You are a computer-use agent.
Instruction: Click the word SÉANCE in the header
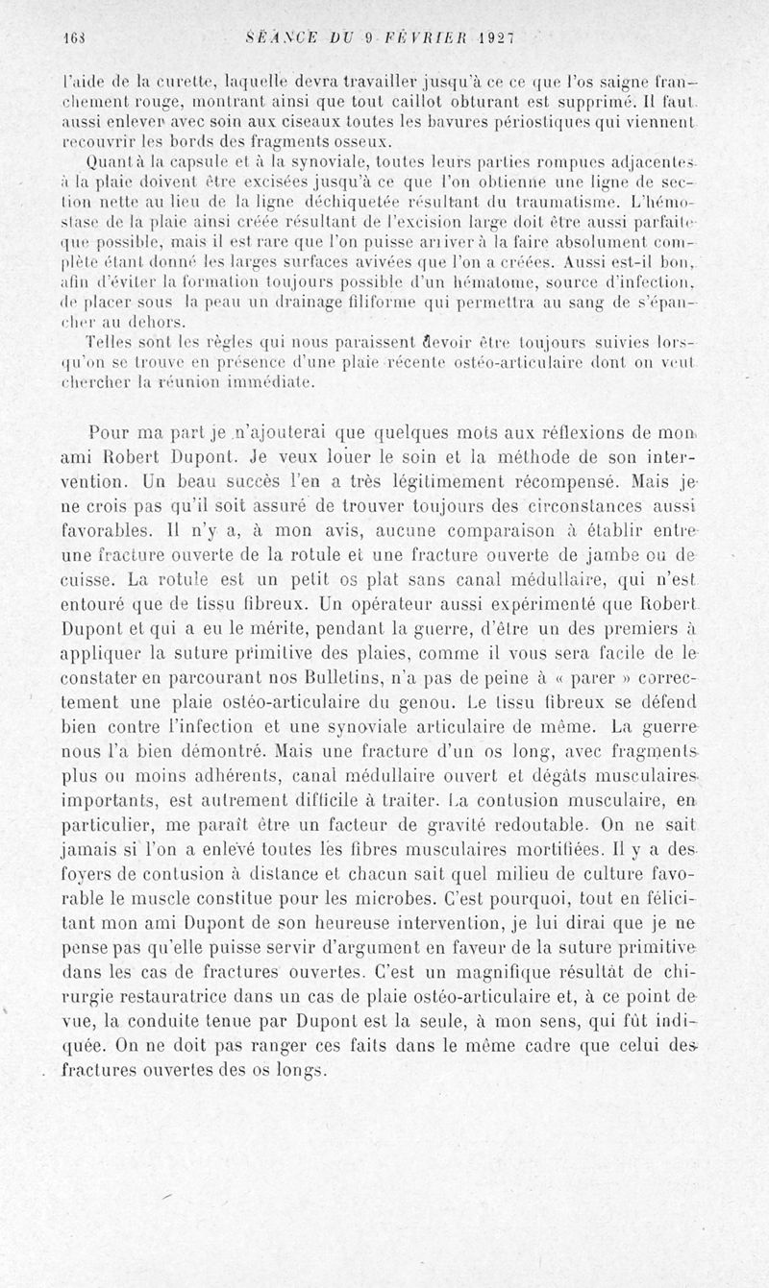click(x=278, y=38)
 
